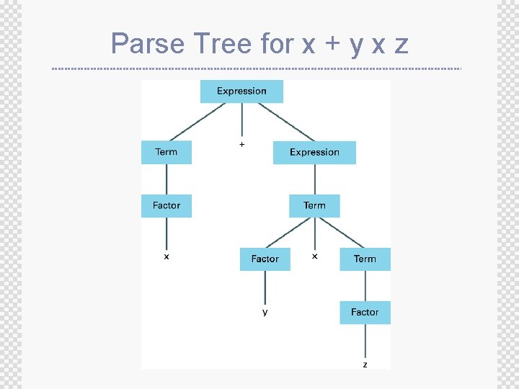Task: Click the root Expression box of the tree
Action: pos(241,91)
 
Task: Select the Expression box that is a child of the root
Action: pos(314,153)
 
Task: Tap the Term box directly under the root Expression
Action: pos(167,153)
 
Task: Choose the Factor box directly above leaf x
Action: pos(167,206)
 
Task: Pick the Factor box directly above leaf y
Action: pos(265,259)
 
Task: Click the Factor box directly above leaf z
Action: pos(365,313)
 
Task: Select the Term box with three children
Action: pos(314,206)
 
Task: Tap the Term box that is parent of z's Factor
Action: pos(365,259)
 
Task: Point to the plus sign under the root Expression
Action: pos(241,145)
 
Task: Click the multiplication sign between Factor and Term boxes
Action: pos(314,256)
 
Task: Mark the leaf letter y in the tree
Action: pos(265,312)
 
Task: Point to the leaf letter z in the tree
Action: pos(365,365)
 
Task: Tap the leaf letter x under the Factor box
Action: pos(167,256)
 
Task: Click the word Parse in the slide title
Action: pos(147,44)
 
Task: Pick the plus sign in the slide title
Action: pos(332,45)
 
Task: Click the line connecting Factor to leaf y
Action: pos(265,288)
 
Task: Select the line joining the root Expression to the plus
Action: pos(241,121)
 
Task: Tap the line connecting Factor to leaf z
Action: pos(365,342)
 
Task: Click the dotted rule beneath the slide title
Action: pos(257,68)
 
